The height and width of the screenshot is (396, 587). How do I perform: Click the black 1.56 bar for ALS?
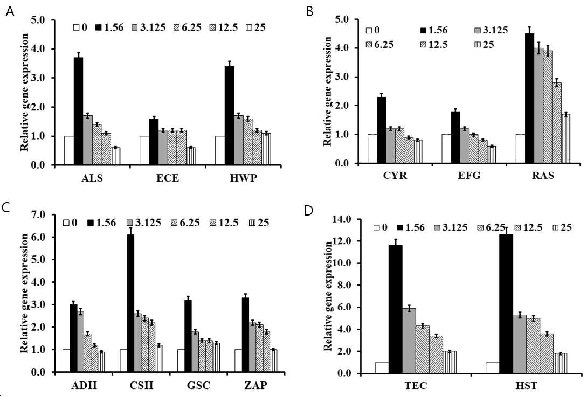pos(78,111)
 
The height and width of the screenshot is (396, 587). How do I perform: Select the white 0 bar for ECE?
pos(144,150)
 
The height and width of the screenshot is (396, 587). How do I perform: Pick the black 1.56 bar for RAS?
pos(529,99)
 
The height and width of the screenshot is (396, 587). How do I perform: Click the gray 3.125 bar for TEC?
pos(409,341)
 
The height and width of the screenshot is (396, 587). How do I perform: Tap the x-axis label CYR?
pos(395,175)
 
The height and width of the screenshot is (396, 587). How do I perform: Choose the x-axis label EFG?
pos(469,175)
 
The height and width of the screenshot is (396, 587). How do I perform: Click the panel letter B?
pos(309,12)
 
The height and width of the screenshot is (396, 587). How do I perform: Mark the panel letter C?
pos(6,208)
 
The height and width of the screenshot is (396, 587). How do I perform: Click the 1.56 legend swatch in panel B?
pos(423,31)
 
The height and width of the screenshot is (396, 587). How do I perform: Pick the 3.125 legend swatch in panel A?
pos(135,27)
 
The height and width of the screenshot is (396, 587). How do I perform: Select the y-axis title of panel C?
pos(24,293)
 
